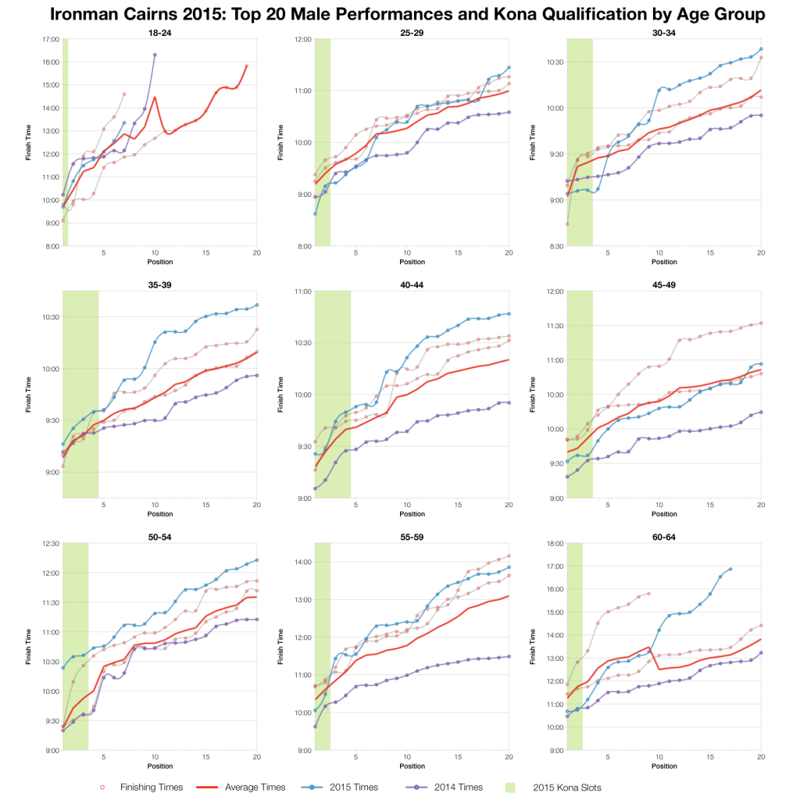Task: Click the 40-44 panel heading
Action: point(412,284)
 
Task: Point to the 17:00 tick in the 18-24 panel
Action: point(50,39)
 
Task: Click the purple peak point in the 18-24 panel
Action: point(155,55)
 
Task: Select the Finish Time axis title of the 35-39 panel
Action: point(27,395)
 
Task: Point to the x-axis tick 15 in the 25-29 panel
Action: point(458,252)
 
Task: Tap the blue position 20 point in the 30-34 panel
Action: point(761,49)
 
